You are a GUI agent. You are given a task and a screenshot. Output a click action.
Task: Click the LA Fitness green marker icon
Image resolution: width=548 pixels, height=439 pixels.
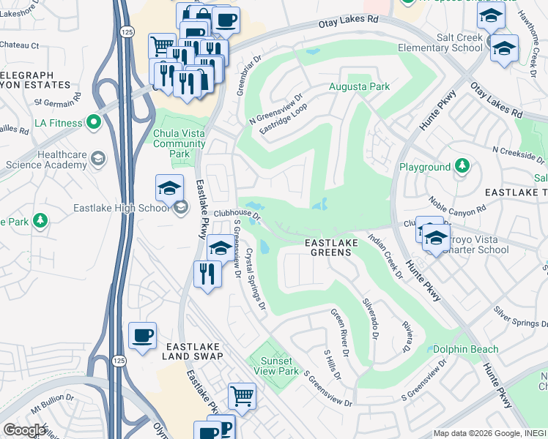click(93, 122)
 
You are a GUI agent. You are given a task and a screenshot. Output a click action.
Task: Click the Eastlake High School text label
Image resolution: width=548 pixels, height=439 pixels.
click(121, 208)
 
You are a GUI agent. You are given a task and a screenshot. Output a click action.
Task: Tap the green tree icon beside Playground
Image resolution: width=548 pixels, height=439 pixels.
click(462, 167)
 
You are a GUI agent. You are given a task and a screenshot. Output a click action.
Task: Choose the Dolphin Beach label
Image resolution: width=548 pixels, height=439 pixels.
click(465, 350)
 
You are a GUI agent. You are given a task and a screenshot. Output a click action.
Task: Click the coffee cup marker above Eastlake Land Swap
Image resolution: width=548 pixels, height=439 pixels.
click(142, 335)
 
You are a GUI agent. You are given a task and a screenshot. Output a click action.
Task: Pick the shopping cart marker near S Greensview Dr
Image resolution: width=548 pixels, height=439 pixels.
click(242, 396)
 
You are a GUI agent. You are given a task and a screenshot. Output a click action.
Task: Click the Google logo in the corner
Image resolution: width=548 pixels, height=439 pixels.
click(24, 430)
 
